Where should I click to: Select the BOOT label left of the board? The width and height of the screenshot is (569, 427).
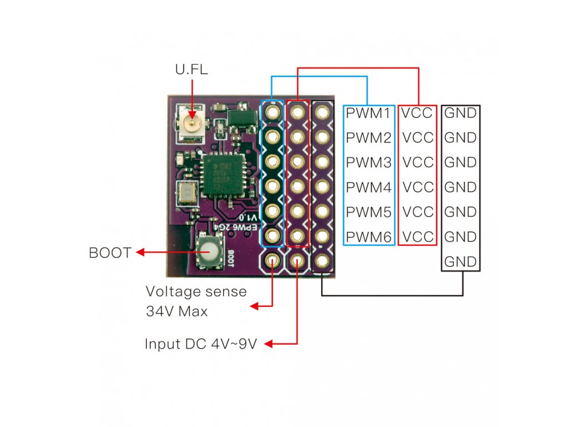[109, 253]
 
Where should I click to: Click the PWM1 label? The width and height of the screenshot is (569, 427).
[368, 113]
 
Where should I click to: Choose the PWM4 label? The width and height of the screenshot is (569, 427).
[368, 187]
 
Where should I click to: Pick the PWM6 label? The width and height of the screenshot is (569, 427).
[368, 237]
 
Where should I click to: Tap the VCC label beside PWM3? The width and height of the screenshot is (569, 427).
[418, 162]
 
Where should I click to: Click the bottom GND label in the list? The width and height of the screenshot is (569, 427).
[461, 261]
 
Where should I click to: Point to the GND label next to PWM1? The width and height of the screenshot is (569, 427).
[461, 113]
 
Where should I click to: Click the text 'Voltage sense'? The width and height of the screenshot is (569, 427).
[196, 291]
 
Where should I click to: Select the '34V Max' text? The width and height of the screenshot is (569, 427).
[177, 311]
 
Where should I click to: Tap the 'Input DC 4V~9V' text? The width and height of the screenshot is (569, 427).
[201, 344]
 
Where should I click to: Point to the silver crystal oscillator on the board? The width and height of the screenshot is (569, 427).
[186, 192]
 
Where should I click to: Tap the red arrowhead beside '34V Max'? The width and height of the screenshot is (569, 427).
[255, 306]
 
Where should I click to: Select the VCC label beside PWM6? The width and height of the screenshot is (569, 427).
[418, 237]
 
